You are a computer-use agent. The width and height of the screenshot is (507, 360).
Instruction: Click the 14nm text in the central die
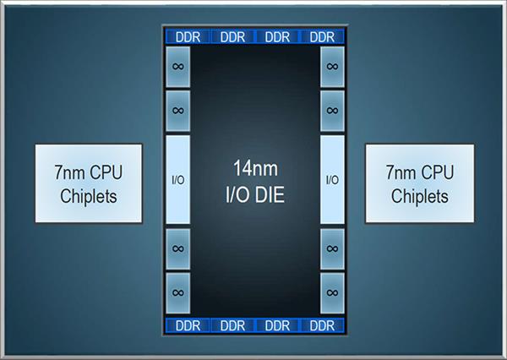tap(255, 168)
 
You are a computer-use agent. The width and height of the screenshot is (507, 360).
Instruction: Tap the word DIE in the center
tap(270, 194)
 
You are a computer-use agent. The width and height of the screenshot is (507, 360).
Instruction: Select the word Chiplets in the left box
tap(88, 196)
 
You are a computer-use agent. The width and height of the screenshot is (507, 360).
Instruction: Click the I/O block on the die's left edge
tap(177, 179)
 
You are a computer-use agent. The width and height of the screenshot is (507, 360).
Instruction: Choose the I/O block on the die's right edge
tap(332, 179)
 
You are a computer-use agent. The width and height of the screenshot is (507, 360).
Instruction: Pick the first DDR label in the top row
tap(188, 37)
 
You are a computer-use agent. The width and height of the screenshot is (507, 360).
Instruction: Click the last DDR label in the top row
tap(322, 37)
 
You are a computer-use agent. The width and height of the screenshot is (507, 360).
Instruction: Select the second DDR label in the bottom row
tap(232, 325)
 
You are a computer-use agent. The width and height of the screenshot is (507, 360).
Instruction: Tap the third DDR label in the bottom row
tap(277, 325)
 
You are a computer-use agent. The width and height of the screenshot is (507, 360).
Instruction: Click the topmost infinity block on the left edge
tap(177, 67)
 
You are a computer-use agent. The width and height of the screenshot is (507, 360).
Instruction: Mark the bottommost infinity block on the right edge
tap(332, 293)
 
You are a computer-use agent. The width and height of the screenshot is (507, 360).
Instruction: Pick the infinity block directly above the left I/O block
tap(177, 111)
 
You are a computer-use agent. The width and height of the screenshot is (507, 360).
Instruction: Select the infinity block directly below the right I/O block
tap(332, 249)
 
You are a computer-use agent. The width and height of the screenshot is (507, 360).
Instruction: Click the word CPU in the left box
tap(106, 172)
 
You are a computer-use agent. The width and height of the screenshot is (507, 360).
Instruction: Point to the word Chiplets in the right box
tap(420, 196)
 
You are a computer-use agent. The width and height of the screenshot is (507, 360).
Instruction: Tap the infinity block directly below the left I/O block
tap(177, 249)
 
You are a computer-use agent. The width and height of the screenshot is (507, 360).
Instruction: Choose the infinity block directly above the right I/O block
tap(332, 111)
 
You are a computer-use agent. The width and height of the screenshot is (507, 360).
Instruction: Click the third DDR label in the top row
tap(277, 37)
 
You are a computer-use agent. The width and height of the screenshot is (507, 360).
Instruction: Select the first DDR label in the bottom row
tap(188, 325)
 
